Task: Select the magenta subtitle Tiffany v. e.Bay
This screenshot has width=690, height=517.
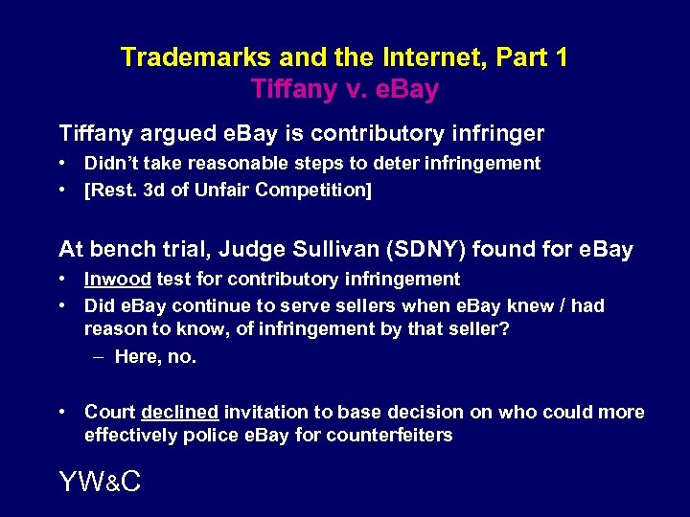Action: click(345, 90)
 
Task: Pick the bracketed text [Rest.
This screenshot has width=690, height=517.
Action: click(108, 191)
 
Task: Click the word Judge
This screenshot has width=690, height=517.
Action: click(249, 250)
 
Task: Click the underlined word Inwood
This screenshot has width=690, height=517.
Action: click(117, 280)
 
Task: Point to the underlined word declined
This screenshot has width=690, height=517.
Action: click(180, 413)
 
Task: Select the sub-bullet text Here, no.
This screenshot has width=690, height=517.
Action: click(155, 357)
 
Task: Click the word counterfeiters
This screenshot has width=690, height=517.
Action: click(391, 436)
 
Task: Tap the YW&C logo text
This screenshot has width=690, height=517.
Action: click(100, 482)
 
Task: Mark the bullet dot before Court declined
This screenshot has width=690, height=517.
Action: click(63, 413)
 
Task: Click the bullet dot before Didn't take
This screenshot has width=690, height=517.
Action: click(63, 164)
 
